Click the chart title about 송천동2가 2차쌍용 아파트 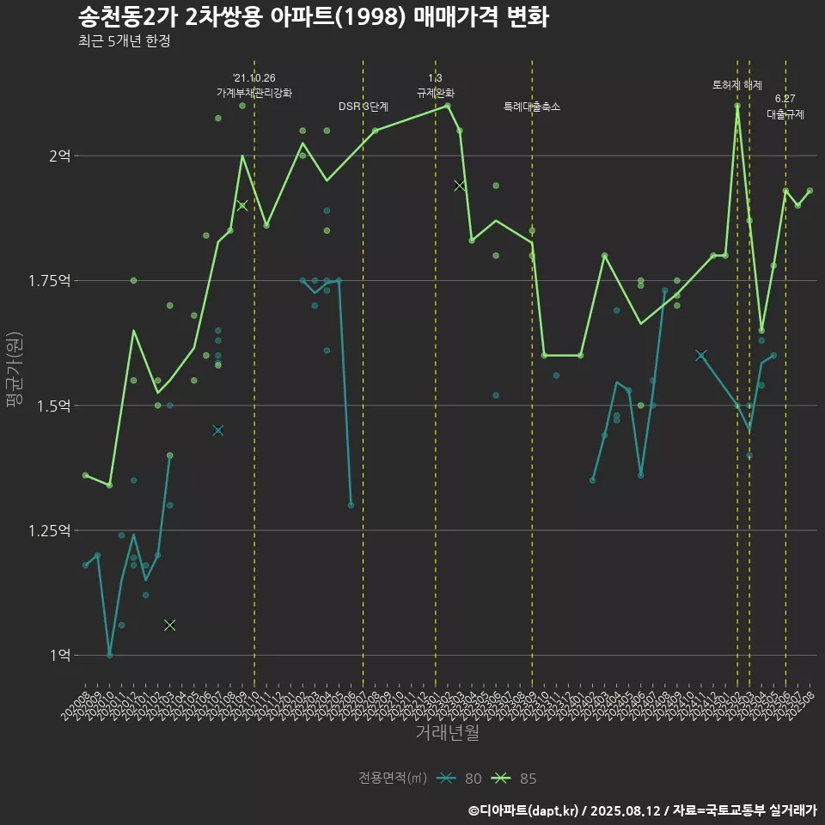(x=313, y=16)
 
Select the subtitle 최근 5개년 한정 (x=124, y=41)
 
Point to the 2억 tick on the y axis (x=60, y=156)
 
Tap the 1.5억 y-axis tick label (x=54, y=406)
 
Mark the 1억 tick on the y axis (x=60, y=655)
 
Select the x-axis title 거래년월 (x=447, y=732)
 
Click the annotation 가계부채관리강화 (x=254, y=93)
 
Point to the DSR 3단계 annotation (x=364, y=107)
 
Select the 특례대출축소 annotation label (x=532, y=107)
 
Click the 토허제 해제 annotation (x=737, y=85)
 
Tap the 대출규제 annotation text (x=785, y=113)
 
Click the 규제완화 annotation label (x=436, y=93)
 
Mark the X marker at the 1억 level (x=169, y=625)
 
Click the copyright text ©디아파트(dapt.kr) (x=525, y=810)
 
